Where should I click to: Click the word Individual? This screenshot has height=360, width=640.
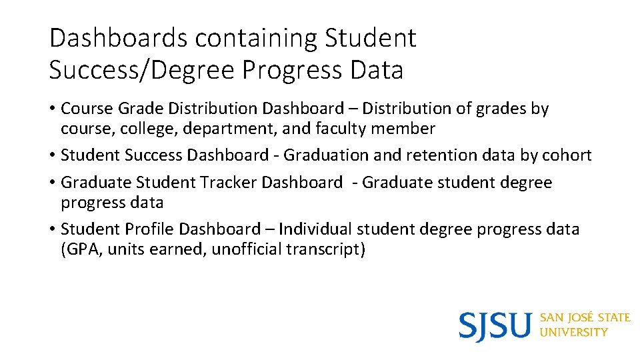315,229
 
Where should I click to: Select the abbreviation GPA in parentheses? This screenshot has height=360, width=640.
81,249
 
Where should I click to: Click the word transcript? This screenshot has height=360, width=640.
327,249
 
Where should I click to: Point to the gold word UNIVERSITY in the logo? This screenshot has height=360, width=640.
573,332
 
